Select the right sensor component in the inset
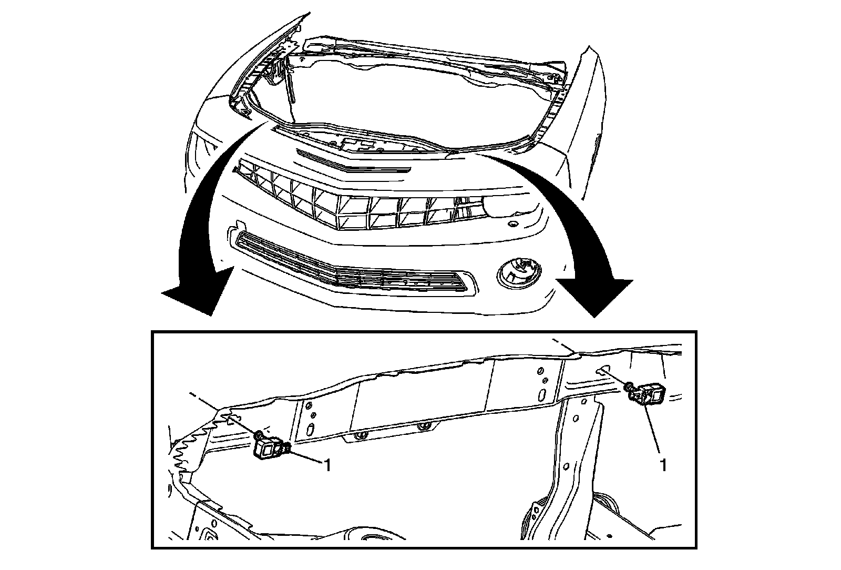click(651, 394)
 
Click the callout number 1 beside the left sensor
click(327, 465)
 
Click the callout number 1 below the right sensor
click(663, 465)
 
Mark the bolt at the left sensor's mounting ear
click(258, 435)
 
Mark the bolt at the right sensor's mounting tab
click(629, 388)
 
